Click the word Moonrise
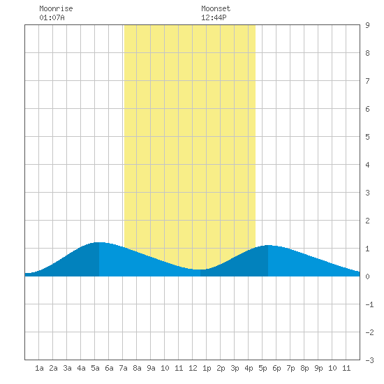pos(56,8)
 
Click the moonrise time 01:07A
pos(52,17)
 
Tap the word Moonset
pos(216,8)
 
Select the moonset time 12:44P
pos(214,17)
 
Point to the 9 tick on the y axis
pos(367,25)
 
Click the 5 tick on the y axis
pos(367,137)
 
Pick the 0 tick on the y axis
pos(367,276)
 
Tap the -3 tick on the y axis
pos(370,360)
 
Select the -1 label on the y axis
pos(370,304)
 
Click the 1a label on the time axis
pos(39,368)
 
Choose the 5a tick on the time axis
pos(95,368)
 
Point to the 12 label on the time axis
pos(193,368)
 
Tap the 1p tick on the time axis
pos(207,368)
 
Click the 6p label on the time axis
pos(276,368)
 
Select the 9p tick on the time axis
pos(318,368)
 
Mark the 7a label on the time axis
pos(123,368)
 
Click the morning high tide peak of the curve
pos(98,242)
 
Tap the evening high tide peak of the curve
pos(268,245)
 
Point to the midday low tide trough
pos(200,269)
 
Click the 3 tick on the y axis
pos(367,193)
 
